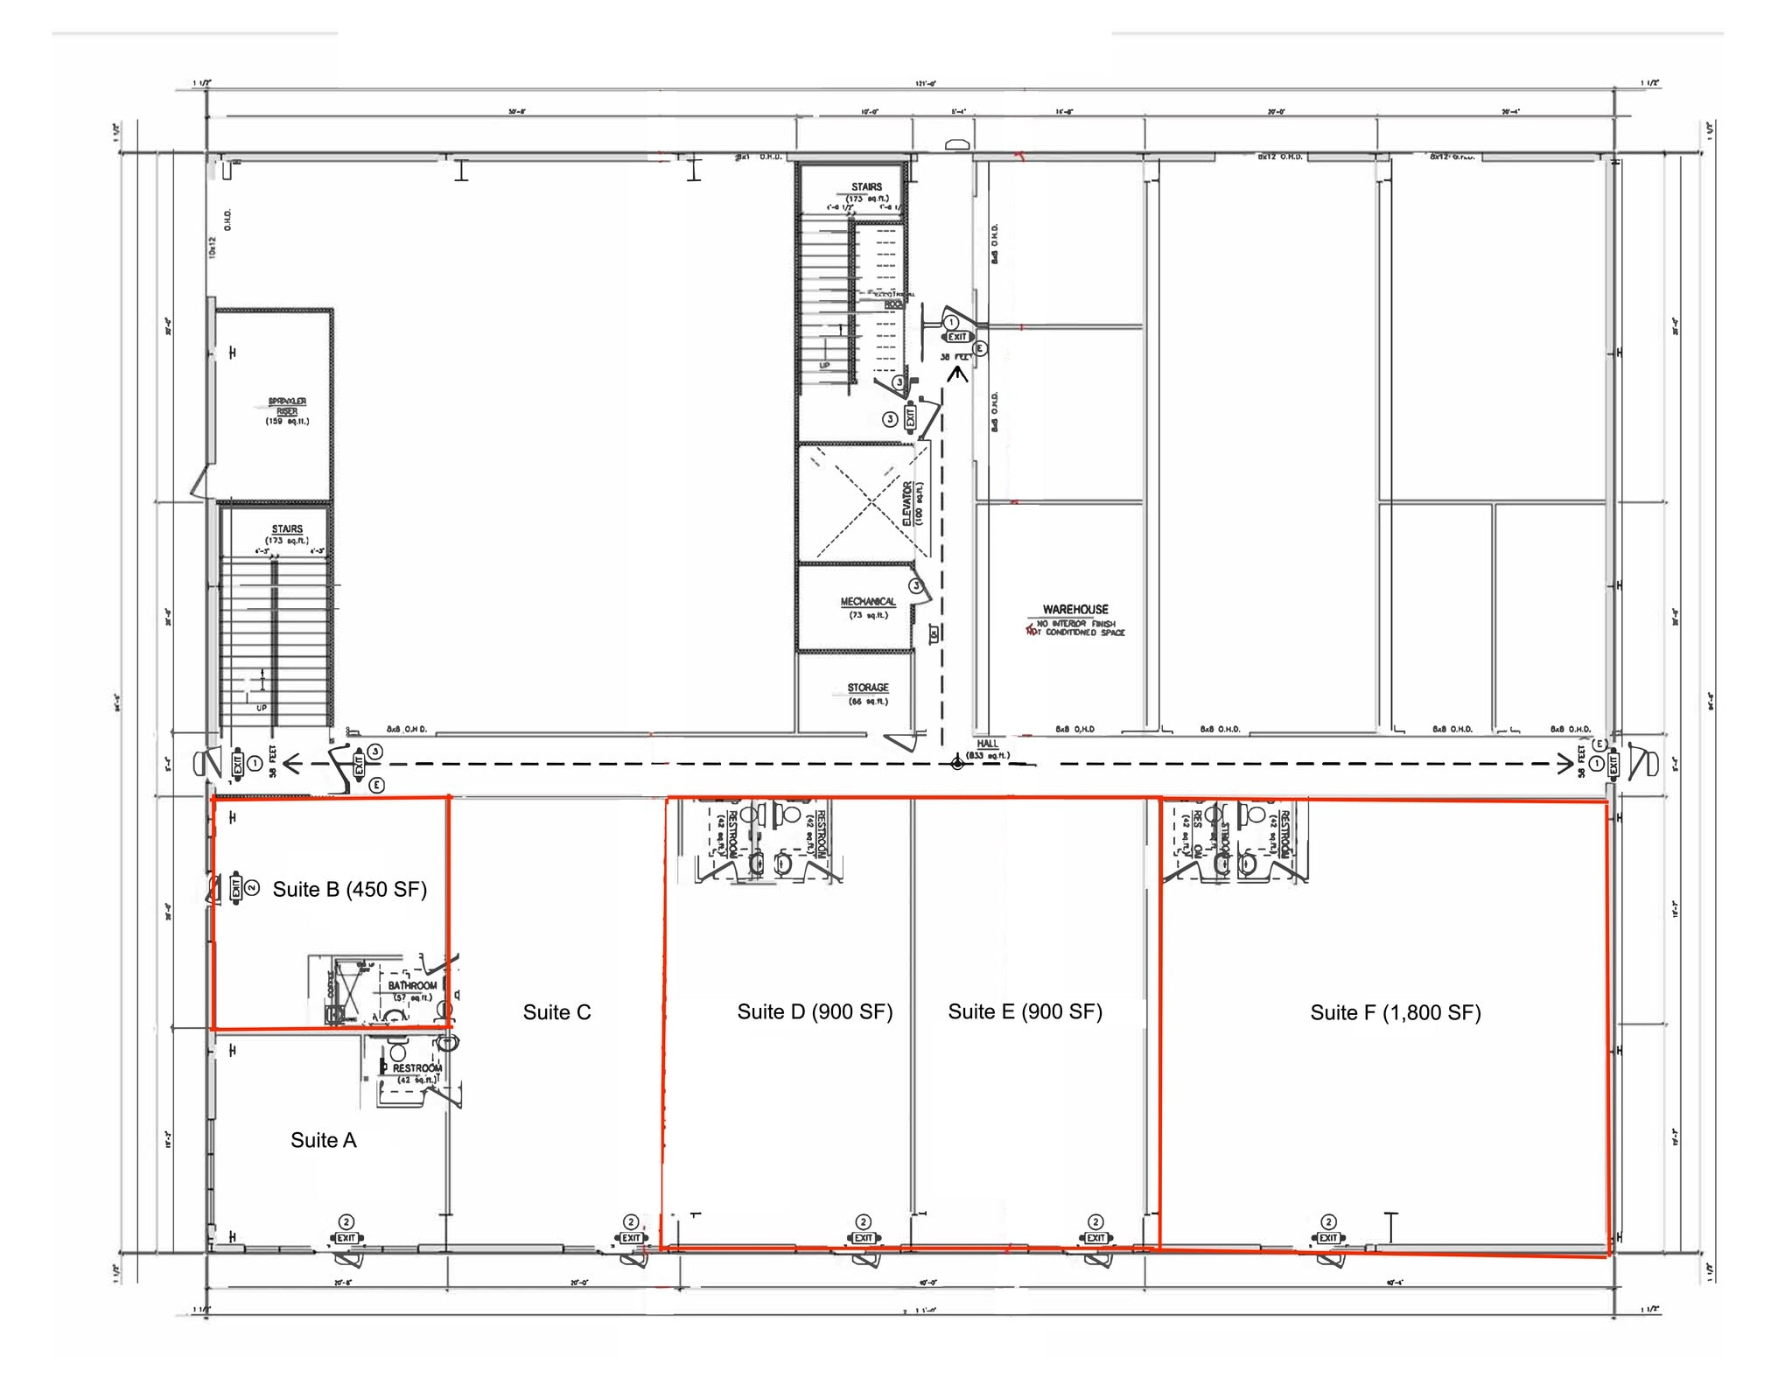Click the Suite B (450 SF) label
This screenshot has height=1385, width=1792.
click(x=349, y=890)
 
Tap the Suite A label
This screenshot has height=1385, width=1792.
click(x=323, y=1140)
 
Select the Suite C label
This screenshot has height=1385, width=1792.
click(x=556, y=1012)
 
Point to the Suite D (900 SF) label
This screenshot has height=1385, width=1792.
click(x=814, y=1012)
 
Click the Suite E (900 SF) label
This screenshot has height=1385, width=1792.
click(x=1025, y=1012)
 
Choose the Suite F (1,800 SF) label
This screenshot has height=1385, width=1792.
click(x=1395, y=1013)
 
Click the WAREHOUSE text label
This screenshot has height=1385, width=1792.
click(x=1074, y=610)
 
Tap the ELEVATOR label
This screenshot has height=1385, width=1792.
click(x=907, y=503)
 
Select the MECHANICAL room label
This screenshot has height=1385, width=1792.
click(x=867, y=602)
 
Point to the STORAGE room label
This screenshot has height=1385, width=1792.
click(x=867, y=688)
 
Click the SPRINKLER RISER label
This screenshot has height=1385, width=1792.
click(x=287, y=407)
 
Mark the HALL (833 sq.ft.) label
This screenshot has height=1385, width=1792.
click(x=987, y=745)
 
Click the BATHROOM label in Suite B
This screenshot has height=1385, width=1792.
click(x=411, y=986)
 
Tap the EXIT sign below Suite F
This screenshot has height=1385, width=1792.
click(x=1328, y=1238)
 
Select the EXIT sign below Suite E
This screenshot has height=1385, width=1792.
click(x=1095, y=1238)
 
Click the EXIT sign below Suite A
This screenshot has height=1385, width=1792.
click(x=346, y=1238)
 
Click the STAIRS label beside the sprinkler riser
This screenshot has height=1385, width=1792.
click(x=287, y=529)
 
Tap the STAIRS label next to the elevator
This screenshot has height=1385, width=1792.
click(x=866, y=187)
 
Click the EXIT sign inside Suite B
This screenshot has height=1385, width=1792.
click(x=235, y=889)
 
